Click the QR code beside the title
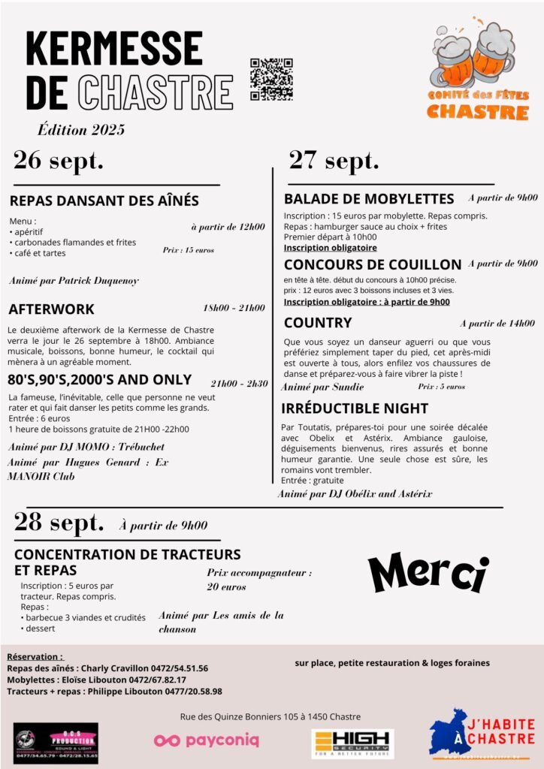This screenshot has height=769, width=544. click(x=271, y=80)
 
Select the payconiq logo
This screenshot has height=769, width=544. click(x=207, y=740)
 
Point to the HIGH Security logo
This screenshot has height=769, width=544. click(x=352, y=743)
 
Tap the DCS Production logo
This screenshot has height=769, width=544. click(x=56, y=743)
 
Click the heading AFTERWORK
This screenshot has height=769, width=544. click(x=52, y=309)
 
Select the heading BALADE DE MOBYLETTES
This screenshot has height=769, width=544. click(x=369, y=199)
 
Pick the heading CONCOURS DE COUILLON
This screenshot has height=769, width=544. click(x=373, y=264)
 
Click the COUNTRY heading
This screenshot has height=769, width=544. click(x=318, y=323)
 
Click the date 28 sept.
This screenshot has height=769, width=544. click(x=59, y=523)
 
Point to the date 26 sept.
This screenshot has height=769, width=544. click(x=59, y=160)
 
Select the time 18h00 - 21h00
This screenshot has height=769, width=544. click(x=234, y=308)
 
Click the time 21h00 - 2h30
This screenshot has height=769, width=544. click(x=239, y=383)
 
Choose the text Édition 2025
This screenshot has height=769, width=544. click(x=82, y=129)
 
